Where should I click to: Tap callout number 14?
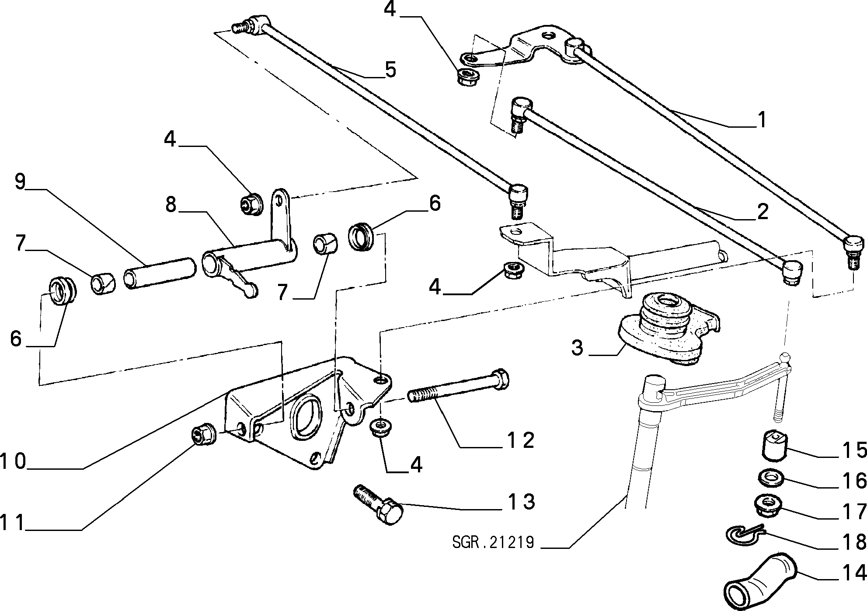point(853,573)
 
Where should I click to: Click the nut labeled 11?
point(203,435)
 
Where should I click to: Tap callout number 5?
point(390,70)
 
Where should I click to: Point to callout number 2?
point(762,211)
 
